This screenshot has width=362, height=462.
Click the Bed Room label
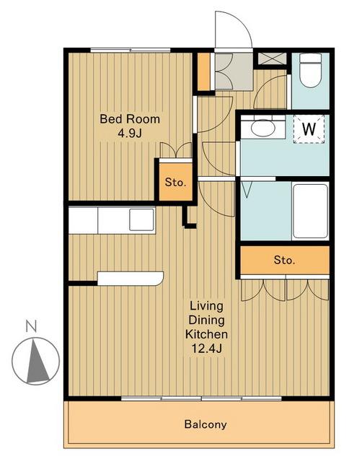(x=130, y=119)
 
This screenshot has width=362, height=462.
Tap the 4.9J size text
(x=130, y=134)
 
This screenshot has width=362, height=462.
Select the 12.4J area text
(x=206, y=349)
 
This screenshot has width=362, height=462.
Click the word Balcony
(x=206, y=424)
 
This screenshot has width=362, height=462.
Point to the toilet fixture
(x=310, y=71)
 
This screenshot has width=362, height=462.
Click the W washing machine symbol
(x=309, y=129)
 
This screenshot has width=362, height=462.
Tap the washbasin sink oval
(x=262, y=127)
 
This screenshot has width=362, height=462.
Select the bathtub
(x=311, y=211)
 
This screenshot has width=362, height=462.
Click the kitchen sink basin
(x=141, y=219)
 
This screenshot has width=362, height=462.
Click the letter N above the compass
(x=31, y=326)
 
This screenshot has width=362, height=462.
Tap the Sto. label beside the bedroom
(x=175, y=183)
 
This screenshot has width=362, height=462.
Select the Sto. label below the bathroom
(x=284, y=260)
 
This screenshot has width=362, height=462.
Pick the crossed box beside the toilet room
(x=273, y=58)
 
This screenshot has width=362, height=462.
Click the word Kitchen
(x=206, y=334)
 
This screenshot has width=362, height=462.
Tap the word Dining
(x=206, y=321)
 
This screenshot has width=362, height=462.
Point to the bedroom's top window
(x=130, y=50)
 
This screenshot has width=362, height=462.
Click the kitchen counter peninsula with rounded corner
(x=131, y=279)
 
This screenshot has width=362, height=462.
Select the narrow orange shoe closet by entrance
(x=203, y=71)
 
